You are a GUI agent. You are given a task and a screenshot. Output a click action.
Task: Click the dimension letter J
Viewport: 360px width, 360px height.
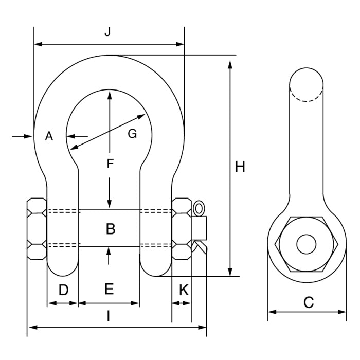click(107, 32)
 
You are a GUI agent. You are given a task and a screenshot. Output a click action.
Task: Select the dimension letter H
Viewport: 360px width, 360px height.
click(239, 167)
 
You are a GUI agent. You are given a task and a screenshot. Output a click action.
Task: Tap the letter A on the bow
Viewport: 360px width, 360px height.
click(49, 136)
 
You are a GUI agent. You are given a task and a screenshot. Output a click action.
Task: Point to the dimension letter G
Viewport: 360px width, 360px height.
click(132, 134)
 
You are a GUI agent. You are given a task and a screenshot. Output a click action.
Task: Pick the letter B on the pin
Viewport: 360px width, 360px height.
click(110, 229)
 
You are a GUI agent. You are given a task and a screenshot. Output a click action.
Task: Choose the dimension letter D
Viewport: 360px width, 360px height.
click(63, 290)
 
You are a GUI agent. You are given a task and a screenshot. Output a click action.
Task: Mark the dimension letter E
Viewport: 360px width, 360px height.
click(109, 289)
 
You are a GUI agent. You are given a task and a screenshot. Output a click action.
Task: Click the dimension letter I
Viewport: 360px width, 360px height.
click(108, 316)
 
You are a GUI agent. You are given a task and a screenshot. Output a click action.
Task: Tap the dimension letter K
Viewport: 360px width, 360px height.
click(183, 290)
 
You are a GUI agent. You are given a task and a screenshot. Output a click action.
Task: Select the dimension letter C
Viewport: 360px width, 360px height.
click(308, 302)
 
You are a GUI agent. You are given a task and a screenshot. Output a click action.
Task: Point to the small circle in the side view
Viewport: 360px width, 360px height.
click(307, 244)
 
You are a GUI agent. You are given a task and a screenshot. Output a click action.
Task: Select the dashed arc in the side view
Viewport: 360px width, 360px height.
click(307, 96)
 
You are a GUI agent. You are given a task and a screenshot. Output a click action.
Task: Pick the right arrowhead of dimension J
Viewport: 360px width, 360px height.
click(180, 45)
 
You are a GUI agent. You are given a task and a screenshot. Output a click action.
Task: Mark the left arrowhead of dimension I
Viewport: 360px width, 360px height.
click(31, 327)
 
